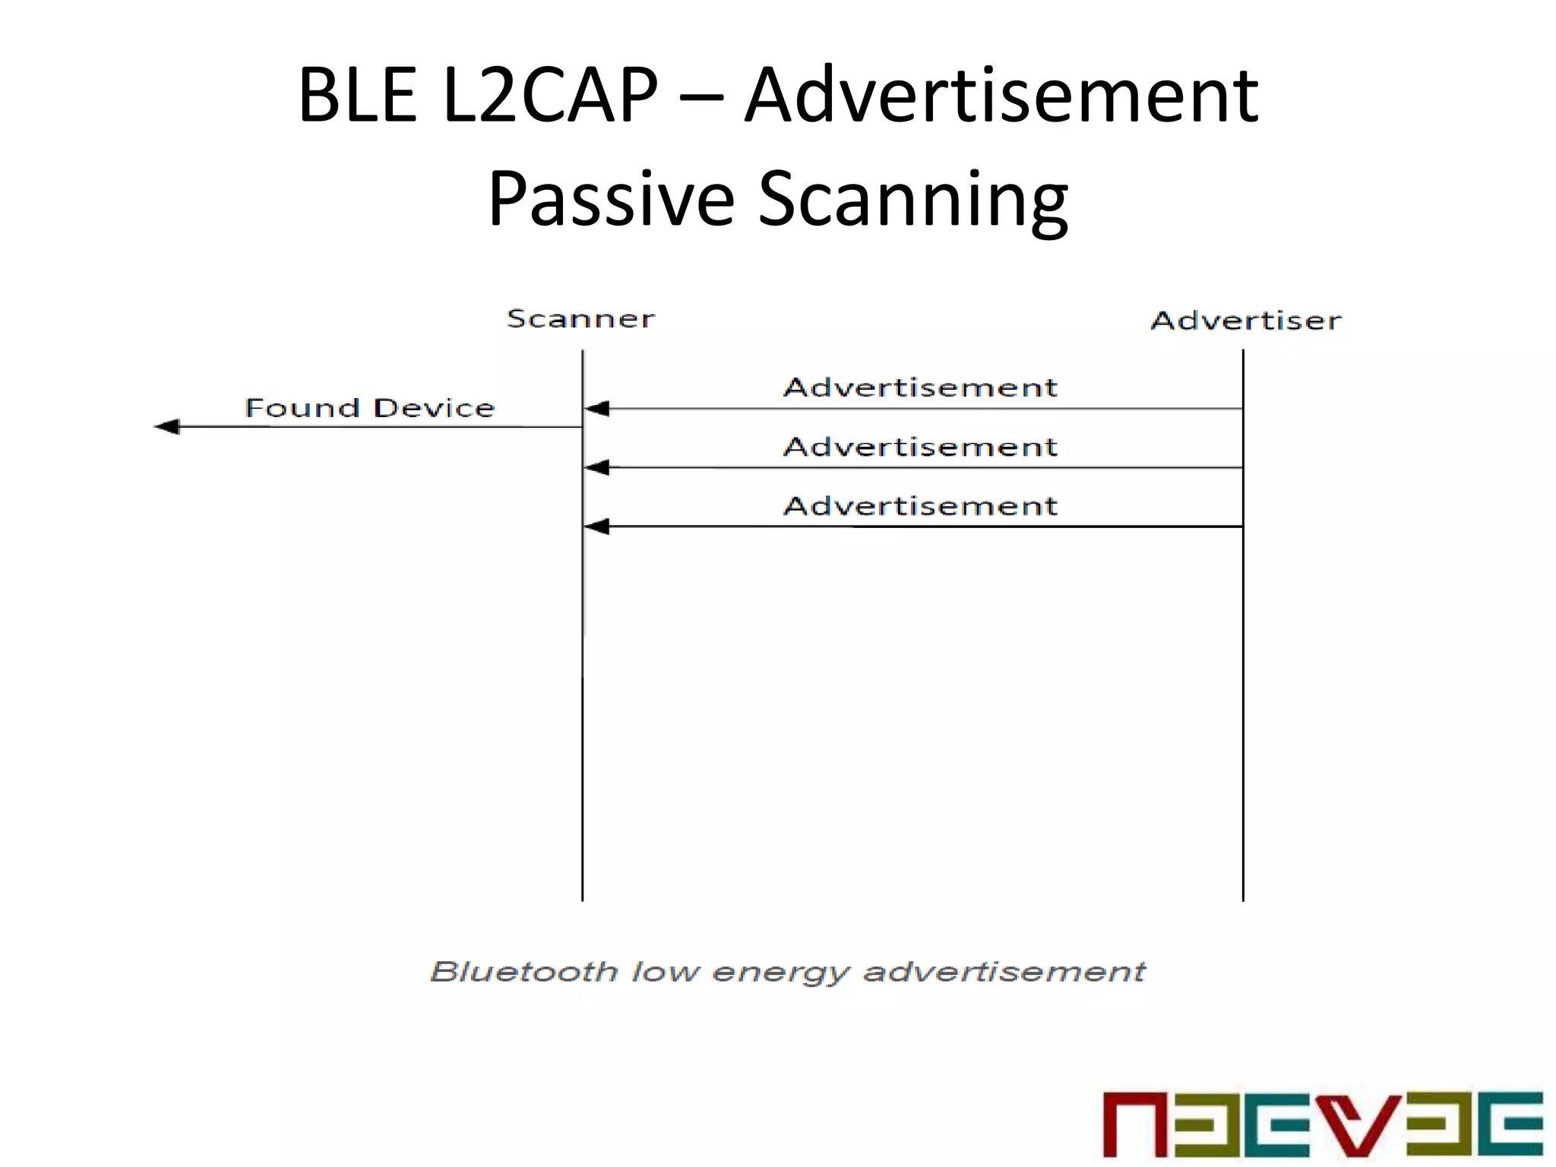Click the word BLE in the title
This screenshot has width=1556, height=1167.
click(x=358, y=96)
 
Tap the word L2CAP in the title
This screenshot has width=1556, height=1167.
click(x=550, y=96)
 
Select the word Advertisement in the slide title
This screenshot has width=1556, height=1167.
click(x=1001, y=96)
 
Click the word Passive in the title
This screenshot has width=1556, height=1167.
click(x=611, y=199)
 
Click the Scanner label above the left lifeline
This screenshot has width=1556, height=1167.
click(x=580, y=319)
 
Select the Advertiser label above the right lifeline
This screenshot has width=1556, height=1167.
click(x=1246, y=321)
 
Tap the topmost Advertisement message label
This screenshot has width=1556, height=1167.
click(x=920, y=387)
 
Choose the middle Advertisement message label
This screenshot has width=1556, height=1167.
click(x=920, y=447)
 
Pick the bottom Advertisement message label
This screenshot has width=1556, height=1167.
click(x=920, y=506)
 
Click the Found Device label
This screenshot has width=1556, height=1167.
click(x=370, y=408)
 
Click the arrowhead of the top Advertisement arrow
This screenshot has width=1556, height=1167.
click(x=597, y=409)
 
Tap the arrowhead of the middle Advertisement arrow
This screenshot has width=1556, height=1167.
click(x=597, y=467)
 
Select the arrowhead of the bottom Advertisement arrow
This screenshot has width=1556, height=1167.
click(x=597, y=527)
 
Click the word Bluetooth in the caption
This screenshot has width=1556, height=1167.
click(x=523, y=972)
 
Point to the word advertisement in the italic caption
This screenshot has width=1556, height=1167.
click(x=1004, y=972)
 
